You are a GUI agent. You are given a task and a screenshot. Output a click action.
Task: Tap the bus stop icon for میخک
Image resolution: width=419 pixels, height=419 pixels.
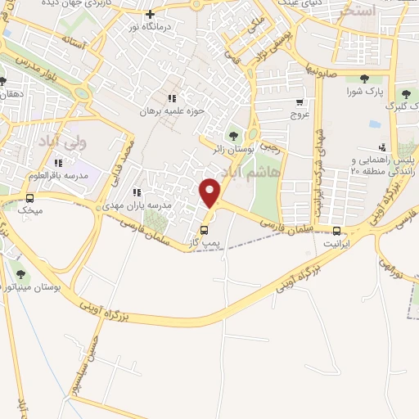click(x=30, y=198)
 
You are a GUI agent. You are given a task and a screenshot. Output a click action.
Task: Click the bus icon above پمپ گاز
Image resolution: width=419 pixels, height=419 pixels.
click(x=205, y=230)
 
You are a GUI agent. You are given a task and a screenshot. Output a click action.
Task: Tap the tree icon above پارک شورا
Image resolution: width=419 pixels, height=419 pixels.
click(x=363, y=79)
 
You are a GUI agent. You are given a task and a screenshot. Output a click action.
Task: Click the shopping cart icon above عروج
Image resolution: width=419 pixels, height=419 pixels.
click(x=300, y=102)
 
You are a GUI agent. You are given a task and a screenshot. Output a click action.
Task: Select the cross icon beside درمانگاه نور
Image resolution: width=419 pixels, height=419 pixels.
click(x=149, y=13)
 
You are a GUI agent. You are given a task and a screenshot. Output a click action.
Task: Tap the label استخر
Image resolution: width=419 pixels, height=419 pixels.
click(x=361, y=11)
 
